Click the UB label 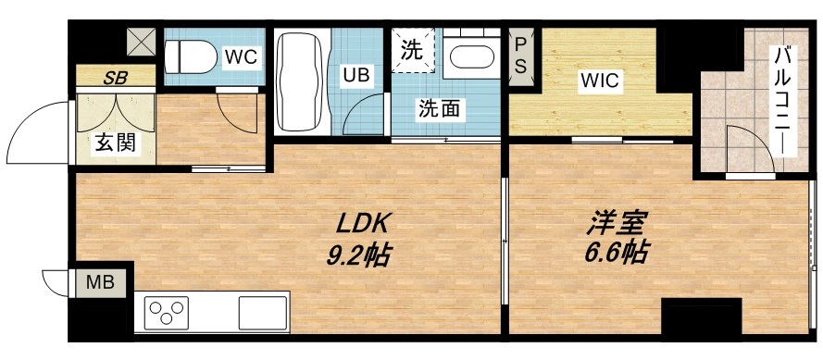pyautogui.click(x=357, y=75)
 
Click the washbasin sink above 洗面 pyautogui.click(x=473, y=57)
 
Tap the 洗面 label pyautogui.click(x=440, y=107)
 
